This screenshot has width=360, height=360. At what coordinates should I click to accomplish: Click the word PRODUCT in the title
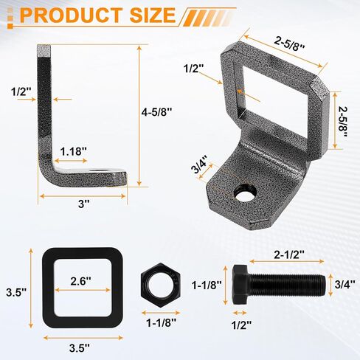tap(71, 15)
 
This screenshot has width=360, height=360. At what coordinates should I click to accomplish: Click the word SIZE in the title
tap(153, 15)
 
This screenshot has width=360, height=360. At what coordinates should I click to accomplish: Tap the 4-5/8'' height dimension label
tap(156, 112)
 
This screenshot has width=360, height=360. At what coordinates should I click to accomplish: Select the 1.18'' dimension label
tap(74, 151)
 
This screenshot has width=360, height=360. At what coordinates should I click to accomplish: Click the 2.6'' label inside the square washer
tap(80, 281)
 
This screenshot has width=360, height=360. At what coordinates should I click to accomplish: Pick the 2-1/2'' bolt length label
tap(289, 255)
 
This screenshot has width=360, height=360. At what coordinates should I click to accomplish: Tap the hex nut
tap(160, 285)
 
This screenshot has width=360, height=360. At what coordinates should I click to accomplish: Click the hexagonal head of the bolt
tap(241, 285)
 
